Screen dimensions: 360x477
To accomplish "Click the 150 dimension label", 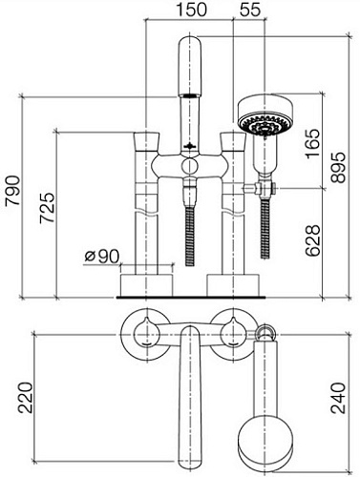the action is click(x=191, y=10).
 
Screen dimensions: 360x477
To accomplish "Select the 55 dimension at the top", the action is click(x=250, y=10).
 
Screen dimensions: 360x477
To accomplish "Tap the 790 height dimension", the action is click(x=13, y=190).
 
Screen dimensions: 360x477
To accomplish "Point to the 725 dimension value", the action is click(x=47, y=208).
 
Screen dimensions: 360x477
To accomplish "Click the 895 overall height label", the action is click(x=338, y=167).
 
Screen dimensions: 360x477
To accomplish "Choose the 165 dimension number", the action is click(x=312, y=143).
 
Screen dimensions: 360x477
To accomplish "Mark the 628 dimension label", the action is click(x=312, y=240).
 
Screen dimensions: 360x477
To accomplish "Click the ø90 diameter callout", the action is click(x=102, y=257).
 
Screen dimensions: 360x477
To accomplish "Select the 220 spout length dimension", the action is click(x=25, y=398).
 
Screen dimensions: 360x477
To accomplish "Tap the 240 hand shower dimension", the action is click(x=338, y=398).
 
